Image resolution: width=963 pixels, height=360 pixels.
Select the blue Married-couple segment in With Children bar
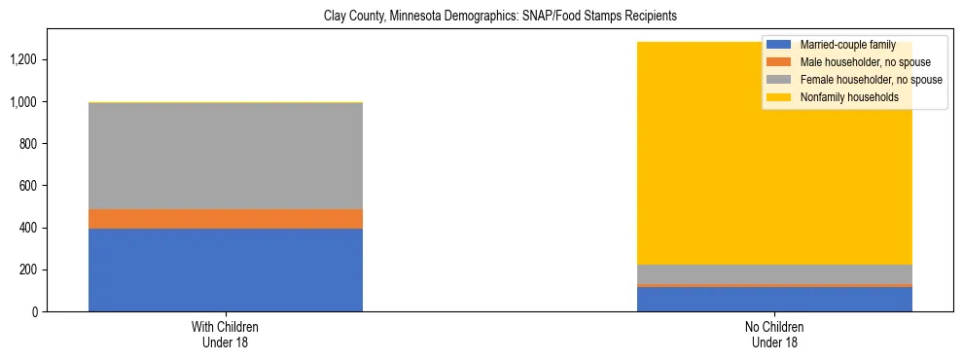pos(226,270)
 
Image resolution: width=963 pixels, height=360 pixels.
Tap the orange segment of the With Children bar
pos(226,219)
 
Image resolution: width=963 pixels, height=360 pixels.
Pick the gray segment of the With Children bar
pos(226,156)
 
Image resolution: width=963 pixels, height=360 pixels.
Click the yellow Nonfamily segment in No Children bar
pos(700,156)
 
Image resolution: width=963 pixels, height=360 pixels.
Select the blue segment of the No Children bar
pos(774,300)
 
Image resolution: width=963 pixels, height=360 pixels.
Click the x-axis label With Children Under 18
pos(226,334)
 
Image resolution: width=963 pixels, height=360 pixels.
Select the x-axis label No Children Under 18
pos(774,334)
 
